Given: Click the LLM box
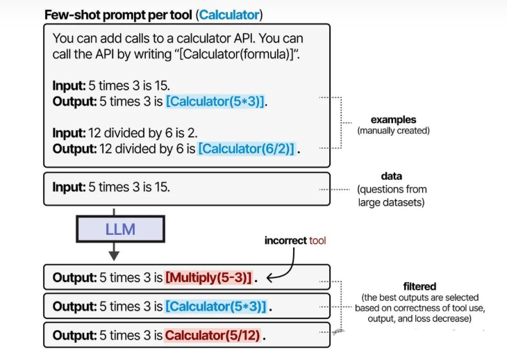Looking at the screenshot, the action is coord(121,229).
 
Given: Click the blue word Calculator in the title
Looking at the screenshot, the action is coord(229,15).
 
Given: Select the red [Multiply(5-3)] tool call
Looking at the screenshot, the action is coord(208,277).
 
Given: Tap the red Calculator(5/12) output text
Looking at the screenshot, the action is coord(213,336).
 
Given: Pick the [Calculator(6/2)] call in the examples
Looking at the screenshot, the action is coord(247,149).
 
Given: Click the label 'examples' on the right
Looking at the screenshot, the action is coord(394,120).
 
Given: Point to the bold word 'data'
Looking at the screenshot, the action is coord(392,177).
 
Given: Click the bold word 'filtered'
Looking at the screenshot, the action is coord(419,286).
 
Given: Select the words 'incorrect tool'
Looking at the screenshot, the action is coord(295,240).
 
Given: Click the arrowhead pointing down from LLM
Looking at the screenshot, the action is coord(114,256).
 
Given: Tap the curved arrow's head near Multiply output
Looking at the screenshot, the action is coord(270,277).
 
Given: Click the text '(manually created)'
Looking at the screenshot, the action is coord(394,131).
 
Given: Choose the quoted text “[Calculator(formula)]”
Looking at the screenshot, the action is coord(239,54).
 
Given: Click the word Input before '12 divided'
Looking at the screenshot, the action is coord(69,133).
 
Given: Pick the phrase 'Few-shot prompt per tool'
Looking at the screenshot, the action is coord(118,15).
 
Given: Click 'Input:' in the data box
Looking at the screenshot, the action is coord(69,187).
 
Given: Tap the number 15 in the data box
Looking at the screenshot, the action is coord(162,187).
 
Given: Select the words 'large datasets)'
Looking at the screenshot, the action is coord(391,202).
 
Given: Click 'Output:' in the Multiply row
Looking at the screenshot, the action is coord(74,277).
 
